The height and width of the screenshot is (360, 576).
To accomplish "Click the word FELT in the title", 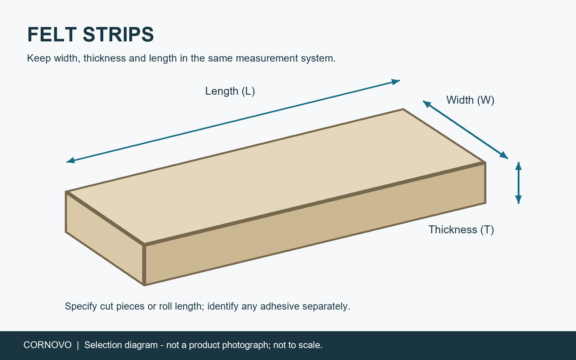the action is click(x=52, y=35).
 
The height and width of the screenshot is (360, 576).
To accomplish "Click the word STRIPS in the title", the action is click(x=118, y=35).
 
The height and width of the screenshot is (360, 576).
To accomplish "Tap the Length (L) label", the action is click(x=230, y=91).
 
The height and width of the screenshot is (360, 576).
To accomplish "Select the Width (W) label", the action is click(x=470, y=100).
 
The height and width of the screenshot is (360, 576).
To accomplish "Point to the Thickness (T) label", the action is click(x=461, y=230).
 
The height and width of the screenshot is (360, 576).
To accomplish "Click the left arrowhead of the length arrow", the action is click(x=71, y=161).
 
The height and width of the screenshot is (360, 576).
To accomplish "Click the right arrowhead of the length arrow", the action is click(x=396, y=81).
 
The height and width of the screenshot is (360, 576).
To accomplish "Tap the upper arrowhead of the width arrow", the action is click(x=427, y=104).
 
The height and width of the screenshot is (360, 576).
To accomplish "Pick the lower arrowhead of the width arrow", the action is click(x=504, y=155).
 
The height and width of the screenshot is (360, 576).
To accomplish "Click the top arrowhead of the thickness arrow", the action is click(x=518, y=166).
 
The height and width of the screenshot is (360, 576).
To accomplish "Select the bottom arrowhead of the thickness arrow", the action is click(x=518, y=199).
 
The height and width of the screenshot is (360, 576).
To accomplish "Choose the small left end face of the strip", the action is click(x=104, y=238).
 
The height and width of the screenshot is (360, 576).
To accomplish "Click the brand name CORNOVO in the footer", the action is click(x=48, y=345).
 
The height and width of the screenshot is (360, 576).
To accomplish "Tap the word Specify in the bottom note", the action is click(x=81, y=306).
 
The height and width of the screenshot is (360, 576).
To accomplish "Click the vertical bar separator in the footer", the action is click(x=78, y=345).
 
